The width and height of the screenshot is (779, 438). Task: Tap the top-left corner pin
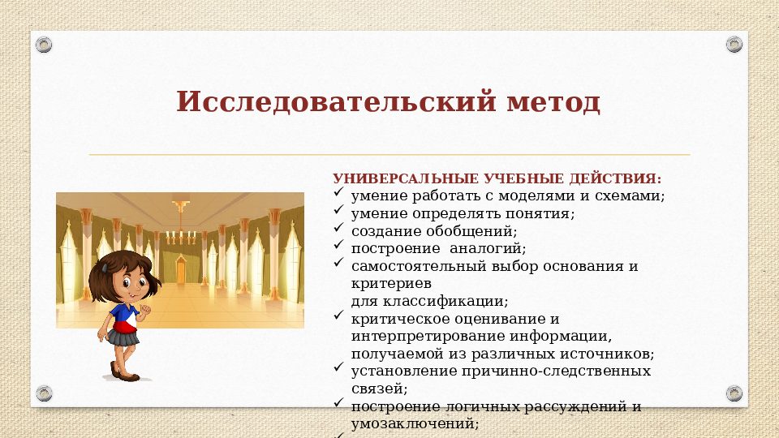tap(45, 45)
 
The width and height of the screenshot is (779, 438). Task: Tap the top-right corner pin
tap(734, 45)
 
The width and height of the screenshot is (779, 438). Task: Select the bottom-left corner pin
tap(45, 393)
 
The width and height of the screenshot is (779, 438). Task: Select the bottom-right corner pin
tap(734, 393)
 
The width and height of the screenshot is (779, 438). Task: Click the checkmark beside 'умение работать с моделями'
tap(339, 195)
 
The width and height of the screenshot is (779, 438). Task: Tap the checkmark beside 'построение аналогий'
tap(339, 247)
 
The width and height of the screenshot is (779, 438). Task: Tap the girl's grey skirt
tap(124, 337)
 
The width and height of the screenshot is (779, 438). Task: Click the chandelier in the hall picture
tap(181, 235)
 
